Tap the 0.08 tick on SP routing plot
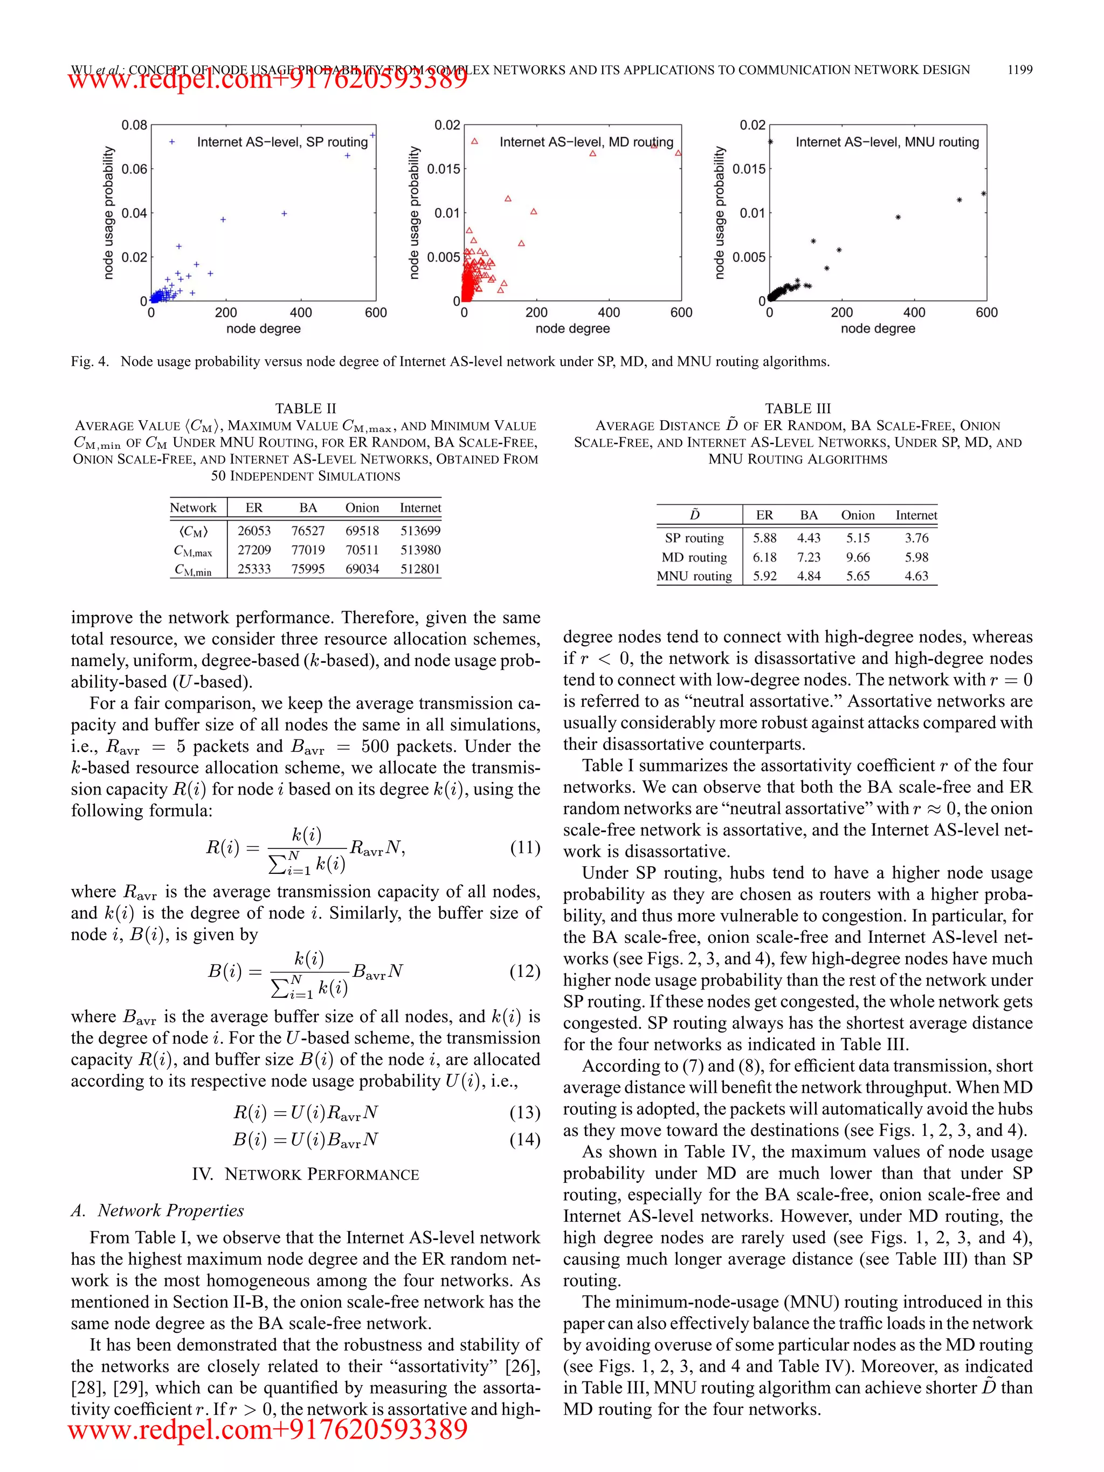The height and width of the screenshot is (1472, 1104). [134, 125]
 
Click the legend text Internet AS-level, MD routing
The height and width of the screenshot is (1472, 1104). [586, 142]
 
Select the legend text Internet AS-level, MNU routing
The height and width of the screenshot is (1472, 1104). [887, 142]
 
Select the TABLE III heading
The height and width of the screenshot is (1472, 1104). [797, 408]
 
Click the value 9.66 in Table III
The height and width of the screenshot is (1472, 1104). [857, 557]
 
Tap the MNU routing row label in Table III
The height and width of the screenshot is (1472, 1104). [694, 576]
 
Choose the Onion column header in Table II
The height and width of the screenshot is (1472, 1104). [362, 508]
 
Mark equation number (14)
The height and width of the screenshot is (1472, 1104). [525, 1139]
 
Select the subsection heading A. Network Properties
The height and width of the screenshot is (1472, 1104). [157, 1210]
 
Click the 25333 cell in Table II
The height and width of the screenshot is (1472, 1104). [254, 569]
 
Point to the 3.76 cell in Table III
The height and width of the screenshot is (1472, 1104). [916, 538]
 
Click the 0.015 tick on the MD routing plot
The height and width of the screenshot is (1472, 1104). [443, 169]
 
